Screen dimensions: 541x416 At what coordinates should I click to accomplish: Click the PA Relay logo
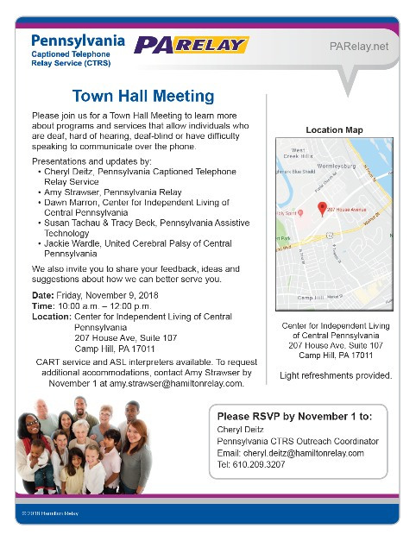(191, 45)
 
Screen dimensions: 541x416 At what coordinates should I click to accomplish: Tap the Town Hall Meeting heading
(143, 95)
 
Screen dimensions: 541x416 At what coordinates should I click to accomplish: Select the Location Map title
(334, 130)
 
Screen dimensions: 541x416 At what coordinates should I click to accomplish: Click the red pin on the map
(322, 207)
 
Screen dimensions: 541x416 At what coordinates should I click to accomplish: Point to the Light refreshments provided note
(335, 375)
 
